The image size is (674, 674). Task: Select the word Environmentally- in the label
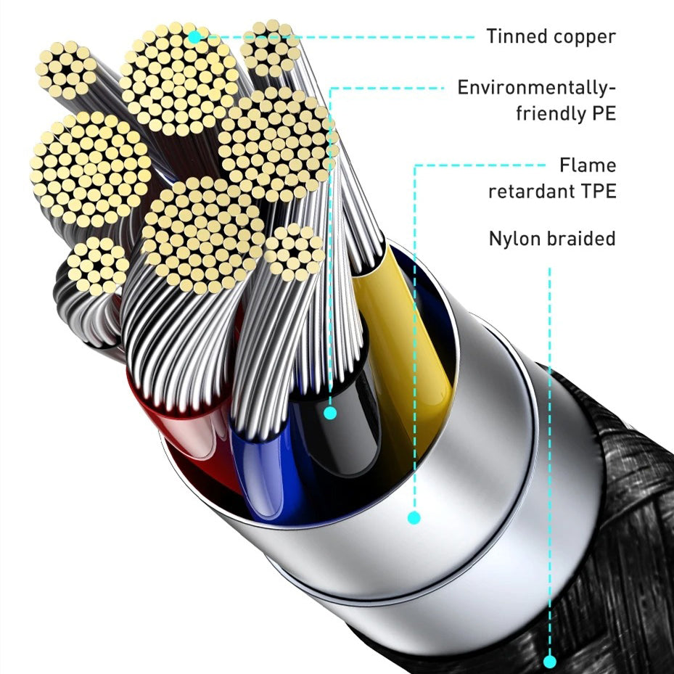[x=536, y=89]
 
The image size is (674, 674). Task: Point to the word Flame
[x=587, y=165]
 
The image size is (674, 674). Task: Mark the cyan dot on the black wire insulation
[x=330, y=413]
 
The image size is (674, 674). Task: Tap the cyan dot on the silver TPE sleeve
[x=414, y=517]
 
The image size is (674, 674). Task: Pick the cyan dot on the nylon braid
[x=549, y=662]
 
